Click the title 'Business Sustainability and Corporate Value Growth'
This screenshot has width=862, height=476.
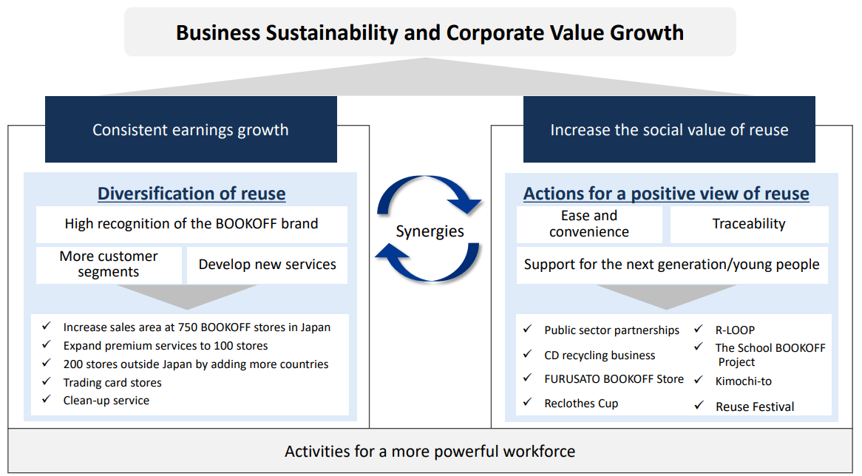pyautogui.click(x=430, y=33)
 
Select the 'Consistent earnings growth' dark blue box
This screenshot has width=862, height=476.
pyautogui.click(x=191, y=129)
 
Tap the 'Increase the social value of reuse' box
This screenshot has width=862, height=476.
pyautogui.click(x=669, y=129)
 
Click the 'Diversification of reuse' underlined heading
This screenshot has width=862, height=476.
pyautogui.click(x=191, y=194)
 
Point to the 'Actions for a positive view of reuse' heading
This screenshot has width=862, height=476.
pyautogui.click(x=666, y=194)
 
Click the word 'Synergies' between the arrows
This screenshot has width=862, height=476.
pyautogui.click(x=430, y=231)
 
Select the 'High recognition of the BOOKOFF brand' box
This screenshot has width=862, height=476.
pyautogui.click(x=191, y=224)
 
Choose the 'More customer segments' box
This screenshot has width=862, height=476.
pyautogui.click(x=109, y=265)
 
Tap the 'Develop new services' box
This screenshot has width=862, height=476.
pyautogui.click(x=267, y=265)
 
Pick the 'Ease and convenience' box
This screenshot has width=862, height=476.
pyautogui.click(x=589, y=224)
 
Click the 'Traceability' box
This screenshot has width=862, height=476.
pyautogui.click(x=749, y=224)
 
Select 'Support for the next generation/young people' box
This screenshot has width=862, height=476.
pyautogui.click(x=672, y=265)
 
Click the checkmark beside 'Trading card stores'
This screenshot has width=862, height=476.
pyautogui.click(x=46, y=381)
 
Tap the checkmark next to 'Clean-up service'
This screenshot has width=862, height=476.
pyautogui.click(x=46, y=399)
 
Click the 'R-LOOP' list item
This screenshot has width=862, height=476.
pyautogui.click(x=735, y=330)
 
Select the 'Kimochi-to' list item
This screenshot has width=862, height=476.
pyautogui.click(x=743, y=381)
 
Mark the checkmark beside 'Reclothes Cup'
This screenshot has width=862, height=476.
pyautogui.click(x=527, y=402)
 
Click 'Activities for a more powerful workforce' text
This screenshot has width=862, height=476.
pyautogui.click(x=430, y=452)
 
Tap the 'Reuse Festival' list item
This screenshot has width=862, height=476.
pyautogui.click(x=755, y=407)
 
